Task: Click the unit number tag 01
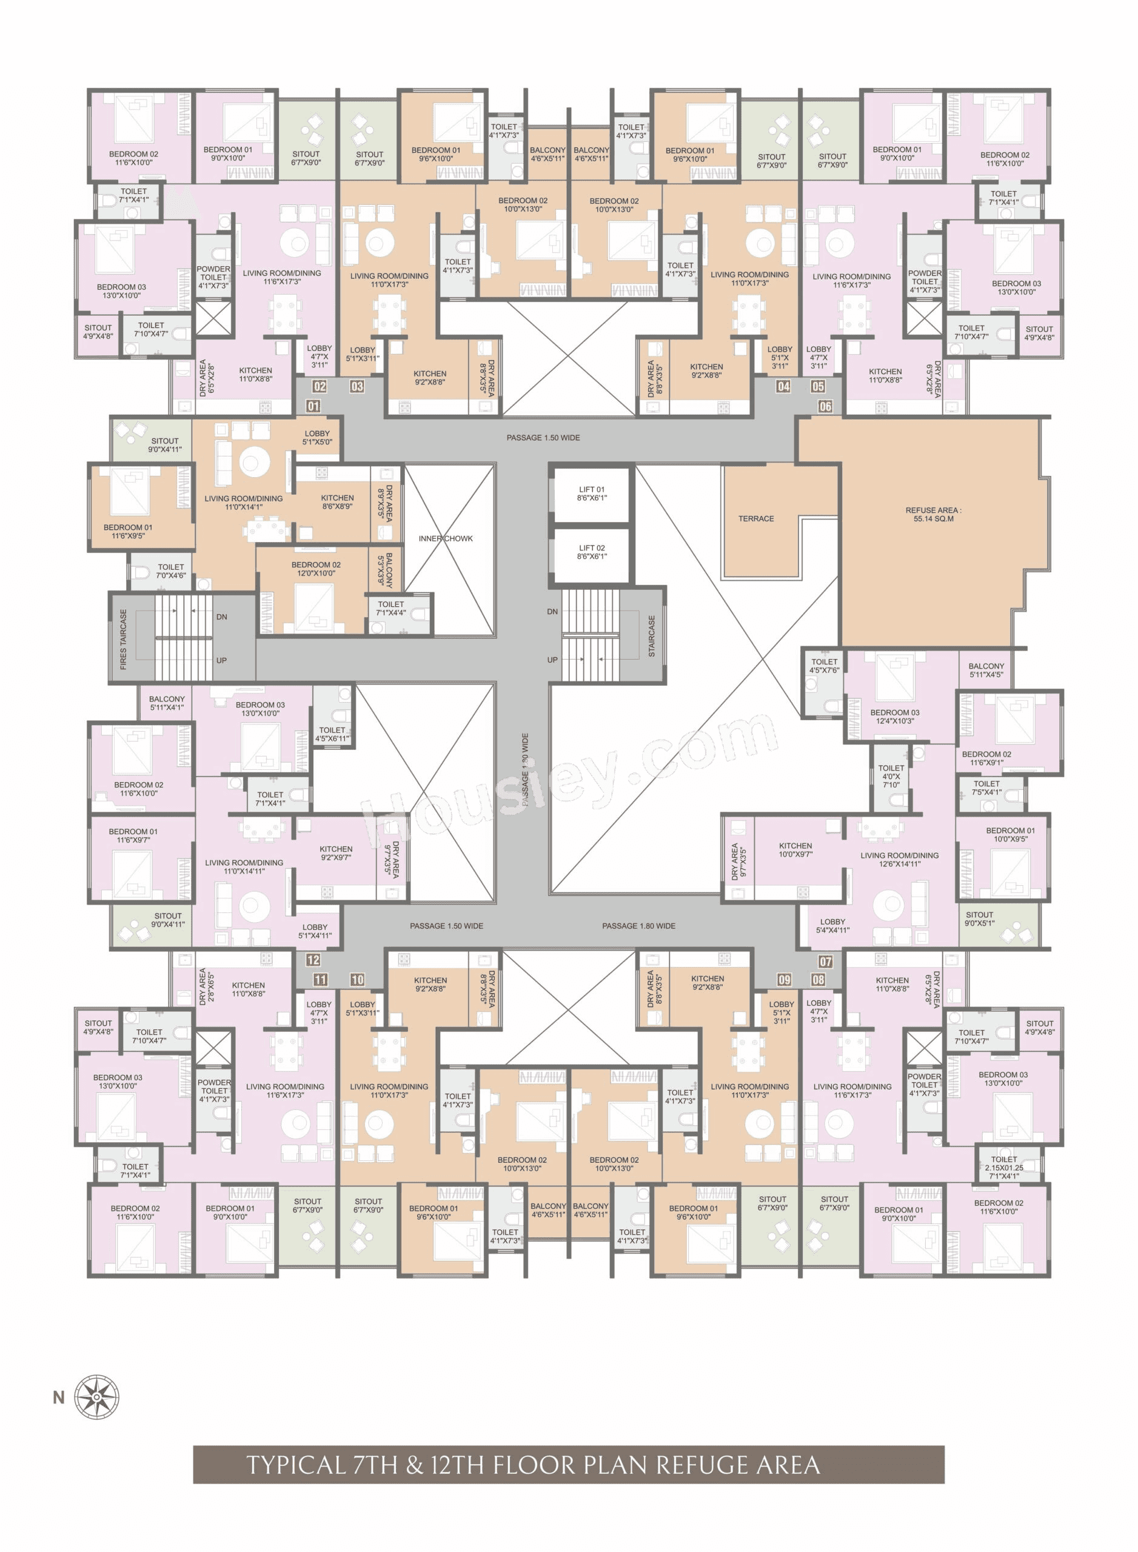[x=313, y=406]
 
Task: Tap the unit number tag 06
[x=825, y=406]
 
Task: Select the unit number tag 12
[x=313, y=960]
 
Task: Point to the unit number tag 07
[x=825, y=962]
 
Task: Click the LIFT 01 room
[x=592, y=494]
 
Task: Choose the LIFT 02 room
[x=592, y=552]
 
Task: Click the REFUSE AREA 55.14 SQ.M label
[x=934, y=515]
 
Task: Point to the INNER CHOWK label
[x=446, y=539]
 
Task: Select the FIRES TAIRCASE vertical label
[x=123, y=639]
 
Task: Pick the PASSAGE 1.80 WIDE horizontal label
[x=638, y=926]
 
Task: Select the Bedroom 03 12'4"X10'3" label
[x=894, y=717]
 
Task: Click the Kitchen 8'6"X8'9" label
[x=338, y=502]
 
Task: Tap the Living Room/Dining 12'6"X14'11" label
[x=899, y=860]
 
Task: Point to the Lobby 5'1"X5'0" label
[x=317, y=438]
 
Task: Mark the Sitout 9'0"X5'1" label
[x=979, y=919]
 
